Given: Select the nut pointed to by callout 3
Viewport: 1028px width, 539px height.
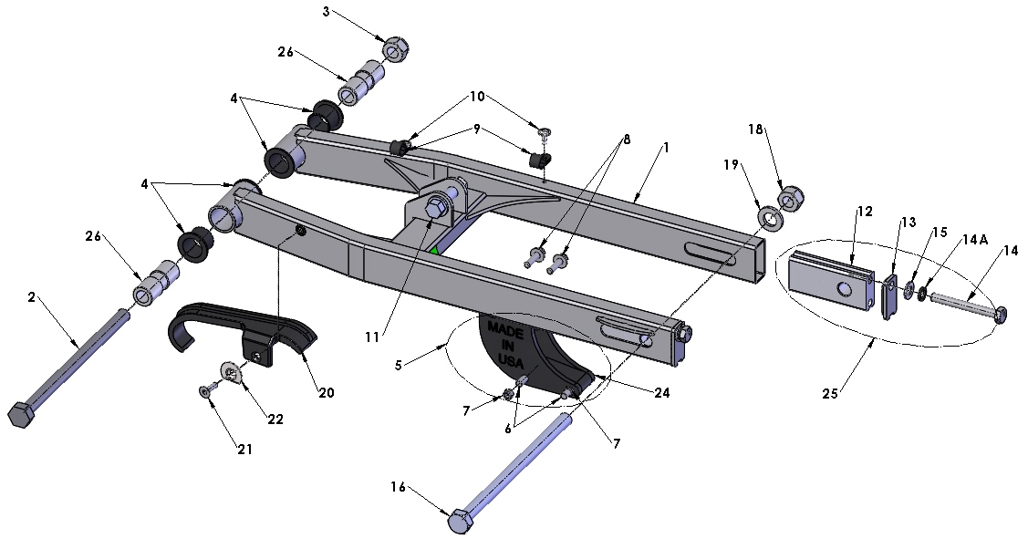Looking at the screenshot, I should (394, 49).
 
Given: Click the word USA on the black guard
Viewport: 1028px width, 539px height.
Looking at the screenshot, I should (511, 361).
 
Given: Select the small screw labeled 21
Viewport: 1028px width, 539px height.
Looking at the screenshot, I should (205, 391).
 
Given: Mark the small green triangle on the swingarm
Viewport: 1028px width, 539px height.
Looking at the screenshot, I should (436, 249).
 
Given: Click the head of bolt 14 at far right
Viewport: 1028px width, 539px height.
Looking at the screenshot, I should (1000, 315).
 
